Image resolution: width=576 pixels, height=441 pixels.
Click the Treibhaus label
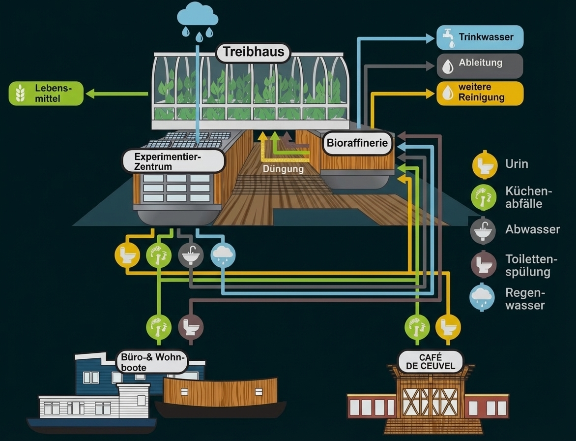(x=254, y=52)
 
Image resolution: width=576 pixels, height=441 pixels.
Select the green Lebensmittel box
(x=47, y=94)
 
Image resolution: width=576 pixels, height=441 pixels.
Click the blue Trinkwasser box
(x=480, y=38)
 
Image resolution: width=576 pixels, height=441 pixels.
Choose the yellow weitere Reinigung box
(x=480, y=93)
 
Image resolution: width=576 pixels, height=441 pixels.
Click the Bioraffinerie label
(x=358, y=144)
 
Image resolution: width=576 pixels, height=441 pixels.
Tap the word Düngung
(x=283, y=168)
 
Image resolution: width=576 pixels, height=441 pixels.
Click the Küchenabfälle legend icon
(x=484, y=197)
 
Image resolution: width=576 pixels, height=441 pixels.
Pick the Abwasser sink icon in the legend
(x=484, y=230)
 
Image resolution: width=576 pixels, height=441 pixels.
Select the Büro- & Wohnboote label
(x=151, y=362)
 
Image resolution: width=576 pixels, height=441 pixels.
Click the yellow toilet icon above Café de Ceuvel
(x=448, y=326)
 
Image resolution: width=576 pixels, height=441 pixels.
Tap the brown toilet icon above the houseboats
(x=190, y=326)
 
